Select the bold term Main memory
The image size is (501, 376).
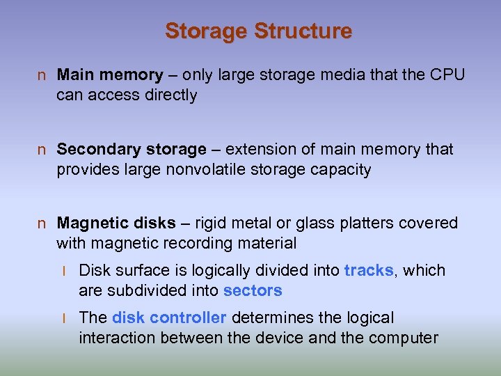click(110, 75)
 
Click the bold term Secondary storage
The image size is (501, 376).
click(132, 149)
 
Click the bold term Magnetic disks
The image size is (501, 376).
click(116, 223)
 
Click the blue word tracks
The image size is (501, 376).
click(369, 270)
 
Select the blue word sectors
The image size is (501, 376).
click(253, 290)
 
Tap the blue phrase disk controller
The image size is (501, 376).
click(169, 318)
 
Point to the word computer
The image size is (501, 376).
click(404, 338)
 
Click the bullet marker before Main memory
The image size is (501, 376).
click(42, 75)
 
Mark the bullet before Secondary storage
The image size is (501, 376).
click(42, 150)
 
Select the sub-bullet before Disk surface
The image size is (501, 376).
click(63, 271)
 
